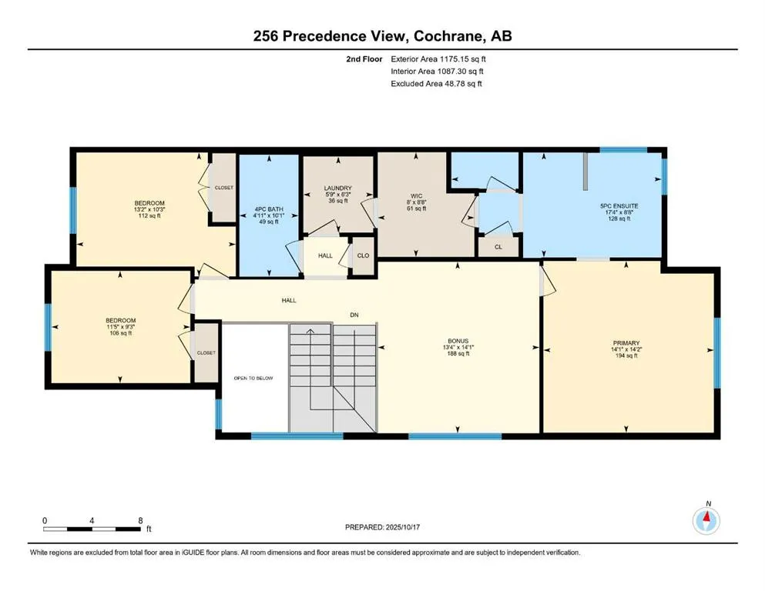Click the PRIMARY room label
coord(626,343)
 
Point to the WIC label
coord(416,195)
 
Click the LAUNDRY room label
coord(337,188)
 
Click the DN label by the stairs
coord(354,315)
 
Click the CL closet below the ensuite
coord(498,248)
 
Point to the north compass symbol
coord(706,520)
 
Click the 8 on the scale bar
coord(140,521)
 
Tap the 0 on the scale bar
coord(45,521)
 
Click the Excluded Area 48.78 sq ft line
coord(436,84)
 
